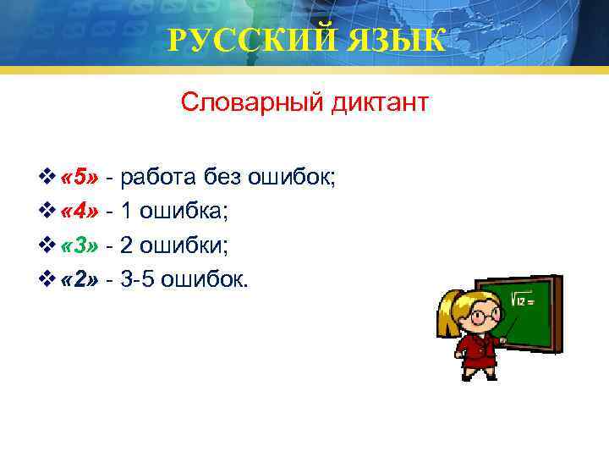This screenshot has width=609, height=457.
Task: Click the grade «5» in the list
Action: (x=81, y=177)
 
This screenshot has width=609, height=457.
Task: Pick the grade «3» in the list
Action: (x=81, y=245)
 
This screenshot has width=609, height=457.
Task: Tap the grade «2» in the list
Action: (x=81, y=279)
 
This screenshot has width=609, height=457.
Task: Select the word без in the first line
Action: (x=224, y=177)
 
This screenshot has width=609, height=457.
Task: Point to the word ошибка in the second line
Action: (x=185, y=211)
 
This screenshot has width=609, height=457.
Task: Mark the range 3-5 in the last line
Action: (x=140, y=279)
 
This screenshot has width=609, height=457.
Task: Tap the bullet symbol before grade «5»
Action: (x=47, y=177)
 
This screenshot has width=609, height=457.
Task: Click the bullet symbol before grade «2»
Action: (x=47, y=279)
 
